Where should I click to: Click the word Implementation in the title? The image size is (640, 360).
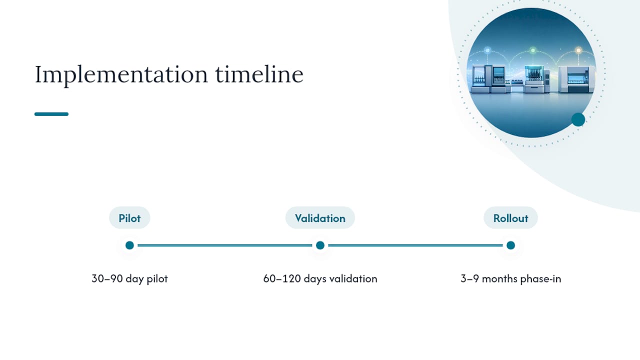121,75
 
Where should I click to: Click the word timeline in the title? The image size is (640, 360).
259,74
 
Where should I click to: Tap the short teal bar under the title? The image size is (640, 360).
51,114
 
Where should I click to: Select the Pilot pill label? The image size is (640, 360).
129,218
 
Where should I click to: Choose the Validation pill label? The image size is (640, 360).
320,218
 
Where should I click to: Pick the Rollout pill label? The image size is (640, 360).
510,218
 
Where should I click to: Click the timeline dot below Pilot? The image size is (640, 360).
129,245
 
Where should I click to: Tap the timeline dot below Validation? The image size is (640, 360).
320,245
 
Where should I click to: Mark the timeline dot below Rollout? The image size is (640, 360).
510,245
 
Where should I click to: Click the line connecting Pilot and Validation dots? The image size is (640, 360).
225,245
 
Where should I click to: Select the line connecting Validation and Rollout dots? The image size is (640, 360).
415,245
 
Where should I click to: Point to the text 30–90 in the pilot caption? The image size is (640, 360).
107,278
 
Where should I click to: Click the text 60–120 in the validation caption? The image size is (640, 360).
282,278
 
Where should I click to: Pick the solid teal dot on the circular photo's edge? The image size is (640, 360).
578,119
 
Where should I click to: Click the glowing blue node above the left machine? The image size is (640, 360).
487,50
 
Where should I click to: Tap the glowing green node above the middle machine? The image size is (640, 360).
532,50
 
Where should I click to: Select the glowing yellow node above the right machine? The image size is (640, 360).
578,50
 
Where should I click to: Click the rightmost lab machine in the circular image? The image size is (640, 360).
576,79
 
